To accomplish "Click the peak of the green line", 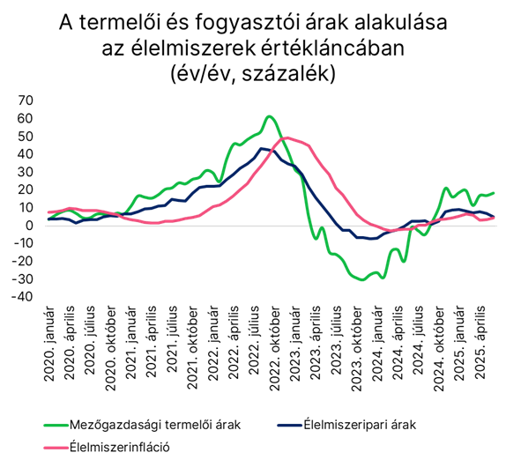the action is pyautogui.click(x=270, y=116).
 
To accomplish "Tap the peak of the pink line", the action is pyautogui.click(x=287, y=137).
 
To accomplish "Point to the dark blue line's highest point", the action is pyautogui.click(x=262, y=148).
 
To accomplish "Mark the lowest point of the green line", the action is pyautogui.click(x=362, y=279).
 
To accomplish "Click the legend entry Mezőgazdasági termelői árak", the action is pyautogui.click(x=142, y=425).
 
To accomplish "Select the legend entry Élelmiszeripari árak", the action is pyautogui.click(x=346, y=425).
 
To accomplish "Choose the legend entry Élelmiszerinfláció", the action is pyautogui.click(x=107, y=447).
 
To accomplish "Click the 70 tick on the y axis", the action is pyautogui.click(x=26, y=100).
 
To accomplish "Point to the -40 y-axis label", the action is pyautogui.click(x=22, y=297).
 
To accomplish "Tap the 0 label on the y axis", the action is pyautogui.click(x=29, y=226).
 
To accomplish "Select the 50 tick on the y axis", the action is pyautogui.click(x=26, y=137).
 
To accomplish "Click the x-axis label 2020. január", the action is pyautogui.click(x=49, y=344).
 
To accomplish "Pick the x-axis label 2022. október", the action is pyautogui.click(x=275, y=349).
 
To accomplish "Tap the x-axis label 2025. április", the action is pyautogui.click(x=480, y=342).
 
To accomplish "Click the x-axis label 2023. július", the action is pyautogui.click(x=338, y=340).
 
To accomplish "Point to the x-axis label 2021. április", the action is pyautogui.click(x=152, y=342).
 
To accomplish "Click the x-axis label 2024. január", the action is pyautogui.click(x=378, y=344).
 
